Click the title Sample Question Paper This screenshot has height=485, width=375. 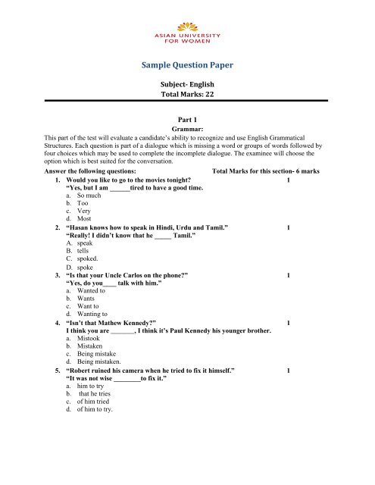(x=187, y=66)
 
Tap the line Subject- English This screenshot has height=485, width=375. (x=187, y=86)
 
